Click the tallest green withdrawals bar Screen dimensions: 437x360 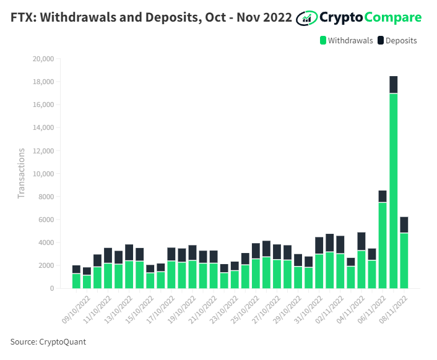pos(393,191)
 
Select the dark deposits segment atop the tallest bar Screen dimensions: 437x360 pos(393,85)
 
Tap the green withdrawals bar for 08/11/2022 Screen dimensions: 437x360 pos(404,260)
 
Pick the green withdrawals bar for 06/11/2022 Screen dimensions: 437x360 pos(383,246)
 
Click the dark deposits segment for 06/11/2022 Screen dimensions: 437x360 pos(383,196)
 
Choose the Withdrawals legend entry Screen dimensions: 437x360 pos(347,41)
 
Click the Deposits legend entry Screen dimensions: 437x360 pos(397,41)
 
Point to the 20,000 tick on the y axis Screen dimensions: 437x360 pos(43,59)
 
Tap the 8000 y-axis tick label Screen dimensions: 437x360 pos(46,197)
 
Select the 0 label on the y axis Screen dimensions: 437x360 pos(52,288)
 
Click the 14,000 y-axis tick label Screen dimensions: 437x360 pos(43,127)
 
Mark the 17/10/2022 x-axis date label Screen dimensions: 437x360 pos(160,310)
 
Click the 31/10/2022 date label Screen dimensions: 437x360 pos(308,310)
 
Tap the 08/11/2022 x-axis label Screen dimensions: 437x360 pos(393,310)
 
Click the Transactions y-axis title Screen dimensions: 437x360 pos(21,173)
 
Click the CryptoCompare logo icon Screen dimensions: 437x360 pos(306,18)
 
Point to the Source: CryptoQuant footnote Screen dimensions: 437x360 pos(48,341)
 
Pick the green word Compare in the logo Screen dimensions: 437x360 pos(393,18)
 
